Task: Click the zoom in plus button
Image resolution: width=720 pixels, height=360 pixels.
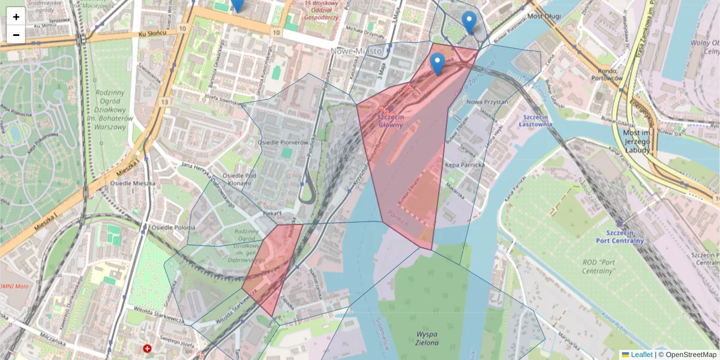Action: point(16,17)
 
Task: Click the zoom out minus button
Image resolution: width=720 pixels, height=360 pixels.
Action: point(16,35)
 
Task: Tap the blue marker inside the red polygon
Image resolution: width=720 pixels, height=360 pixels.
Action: point(438,63)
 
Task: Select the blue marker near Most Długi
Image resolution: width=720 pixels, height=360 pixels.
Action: point(469,22)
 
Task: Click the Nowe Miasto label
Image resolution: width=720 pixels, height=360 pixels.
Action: point(356,52)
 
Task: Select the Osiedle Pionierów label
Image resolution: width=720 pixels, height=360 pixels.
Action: point(283,143)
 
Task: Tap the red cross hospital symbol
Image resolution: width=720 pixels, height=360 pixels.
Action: point(148,348)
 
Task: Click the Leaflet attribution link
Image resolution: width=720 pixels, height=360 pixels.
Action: point(641,355)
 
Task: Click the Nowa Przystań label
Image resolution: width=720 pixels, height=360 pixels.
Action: point(487,102)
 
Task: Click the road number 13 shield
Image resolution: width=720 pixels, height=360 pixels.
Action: point(164,103)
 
